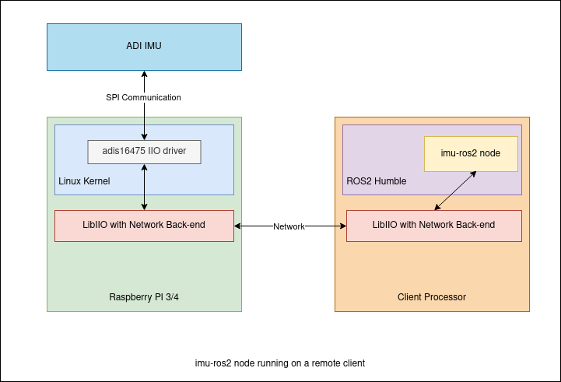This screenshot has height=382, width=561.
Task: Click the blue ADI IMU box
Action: click(x=144, y=47)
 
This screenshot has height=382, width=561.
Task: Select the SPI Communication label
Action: click(x=143, y=97)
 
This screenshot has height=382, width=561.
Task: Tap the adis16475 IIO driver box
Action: click(x=144, y=152)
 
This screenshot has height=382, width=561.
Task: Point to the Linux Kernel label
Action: click(x=84, y=181)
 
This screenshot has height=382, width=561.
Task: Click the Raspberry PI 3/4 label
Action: click(x=144, y=297)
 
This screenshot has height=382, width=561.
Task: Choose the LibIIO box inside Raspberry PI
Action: click(x=144, y=226)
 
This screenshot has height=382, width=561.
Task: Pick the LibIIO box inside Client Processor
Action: click(x=433, y=226)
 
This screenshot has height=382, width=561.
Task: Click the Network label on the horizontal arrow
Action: click(x=289, y=226)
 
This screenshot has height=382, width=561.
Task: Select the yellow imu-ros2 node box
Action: click(x=471, y=154)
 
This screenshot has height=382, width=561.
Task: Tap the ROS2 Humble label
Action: click(x=376, y=181)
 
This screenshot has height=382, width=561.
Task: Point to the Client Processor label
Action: click(x=431, y=297)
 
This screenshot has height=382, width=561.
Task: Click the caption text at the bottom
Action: click(x=279, y=363)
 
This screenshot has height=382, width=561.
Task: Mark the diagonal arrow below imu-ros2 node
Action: click(x=455, y=191)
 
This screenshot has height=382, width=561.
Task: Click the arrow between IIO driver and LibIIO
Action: click(x=144, y=187)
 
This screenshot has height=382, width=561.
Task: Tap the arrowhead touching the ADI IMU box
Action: click(x=144, y=75)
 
